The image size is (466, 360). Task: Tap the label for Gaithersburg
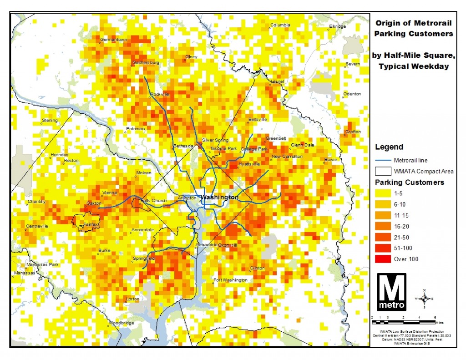[x=146, y=62]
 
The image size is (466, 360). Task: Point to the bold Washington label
[x=219, y=198]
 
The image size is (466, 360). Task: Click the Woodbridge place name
[x=121, y=323]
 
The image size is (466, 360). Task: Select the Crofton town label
[x=353, y=132]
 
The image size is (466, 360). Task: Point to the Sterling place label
[x=50, y=120]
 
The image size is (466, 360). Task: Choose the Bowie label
[x=330, y=160]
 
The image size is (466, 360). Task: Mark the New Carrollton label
[x=287, y=157]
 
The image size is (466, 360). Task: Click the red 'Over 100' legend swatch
[x=382, y=259]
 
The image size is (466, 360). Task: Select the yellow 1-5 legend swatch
[x=382, y=193]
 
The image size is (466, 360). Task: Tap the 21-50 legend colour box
[x=382, y=237]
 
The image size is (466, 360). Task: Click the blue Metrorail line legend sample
[x=382, y=160]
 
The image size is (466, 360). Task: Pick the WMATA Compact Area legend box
[x=382, y=171]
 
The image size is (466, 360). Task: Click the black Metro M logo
[x=391, y=292]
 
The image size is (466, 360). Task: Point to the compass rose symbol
[x=424, y=299]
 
